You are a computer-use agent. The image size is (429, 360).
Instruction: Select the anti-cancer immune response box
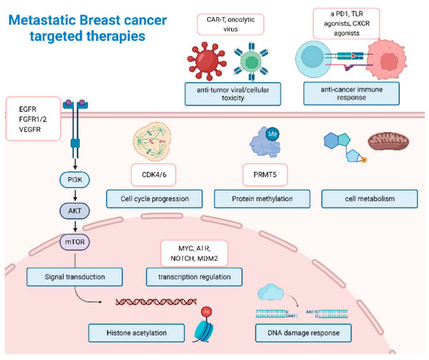tap(357, 91)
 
